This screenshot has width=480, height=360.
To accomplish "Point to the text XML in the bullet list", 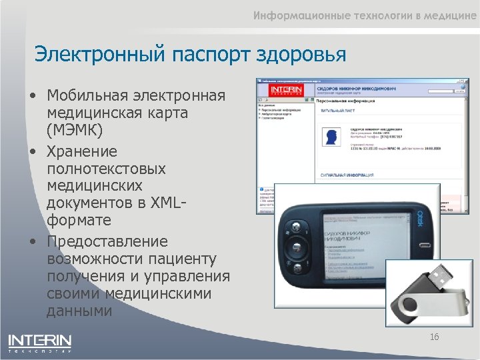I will (171, 202).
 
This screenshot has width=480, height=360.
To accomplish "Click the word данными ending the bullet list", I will (79, 311).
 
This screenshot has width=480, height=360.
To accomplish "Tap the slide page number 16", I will (434, 337).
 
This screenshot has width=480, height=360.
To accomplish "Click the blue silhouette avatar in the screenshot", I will (330, 137).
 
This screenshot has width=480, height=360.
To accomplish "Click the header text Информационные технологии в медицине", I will (364, 17).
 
